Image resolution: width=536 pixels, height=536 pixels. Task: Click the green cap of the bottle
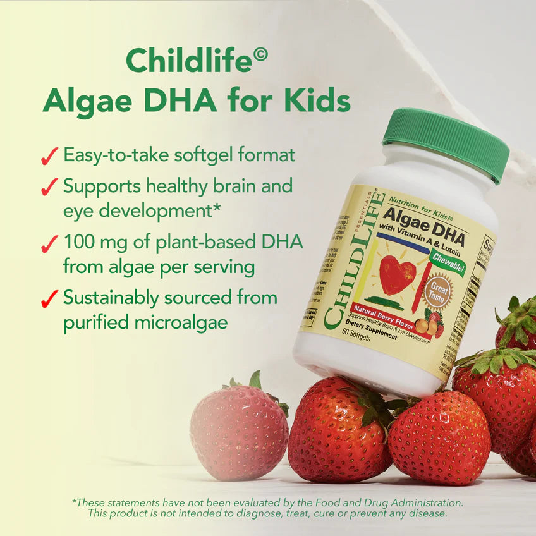445,143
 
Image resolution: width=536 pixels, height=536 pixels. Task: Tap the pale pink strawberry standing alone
238,427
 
